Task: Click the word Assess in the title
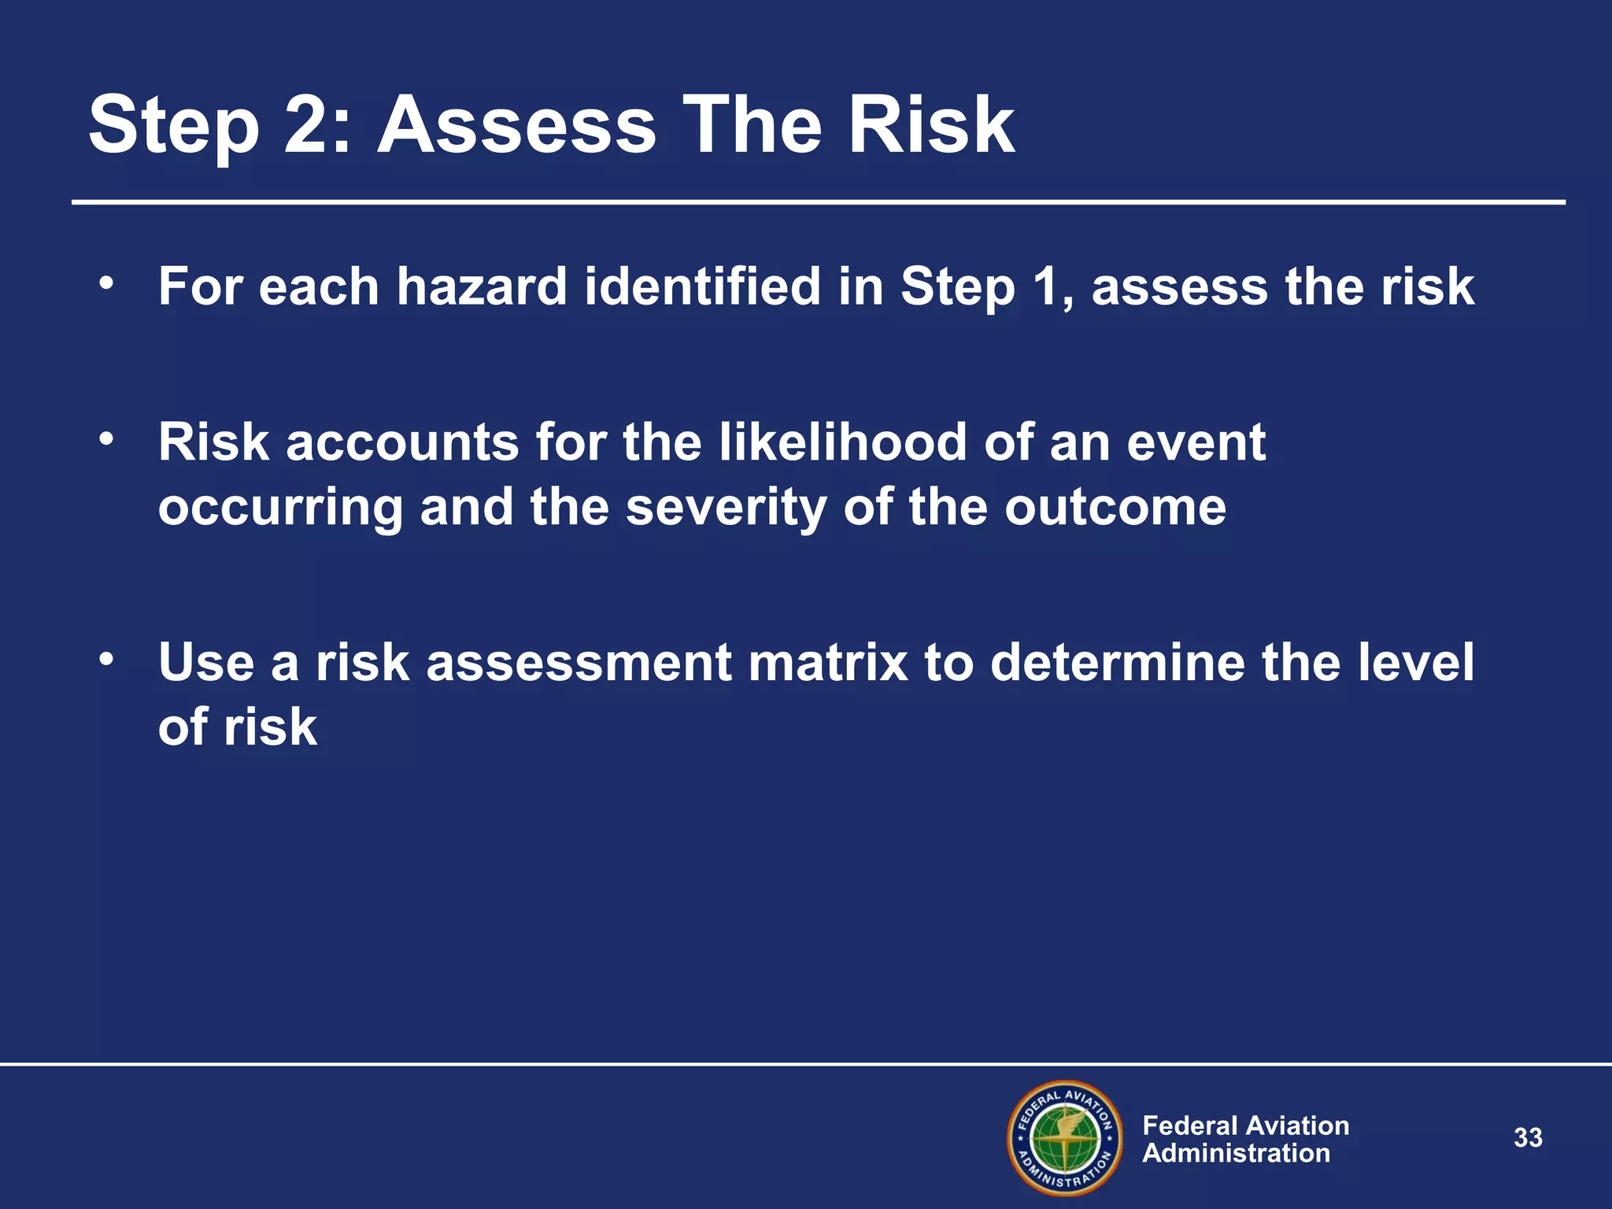pyautogui.click(x=516, y=126)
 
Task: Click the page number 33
pyautogui.click(x=1528, y=1137)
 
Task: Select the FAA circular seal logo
pyautogui.click(x=1065, y=1138)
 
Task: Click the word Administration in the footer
pyautogui.click(x=1236, y=1153)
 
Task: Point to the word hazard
pyautogui.click(x=482, y=286)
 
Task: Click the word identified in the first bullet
pyautogui.click(x=703, y=286)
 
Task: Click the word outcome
pyautogui.click(x=1115, y=507)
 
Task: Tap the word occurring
pyautogui.click(x=280, y=507)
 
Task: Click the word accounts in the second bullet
pyautogui.click(x=402, y=442)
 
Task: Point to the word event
pyautogui.click(x=1196, y=442)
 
